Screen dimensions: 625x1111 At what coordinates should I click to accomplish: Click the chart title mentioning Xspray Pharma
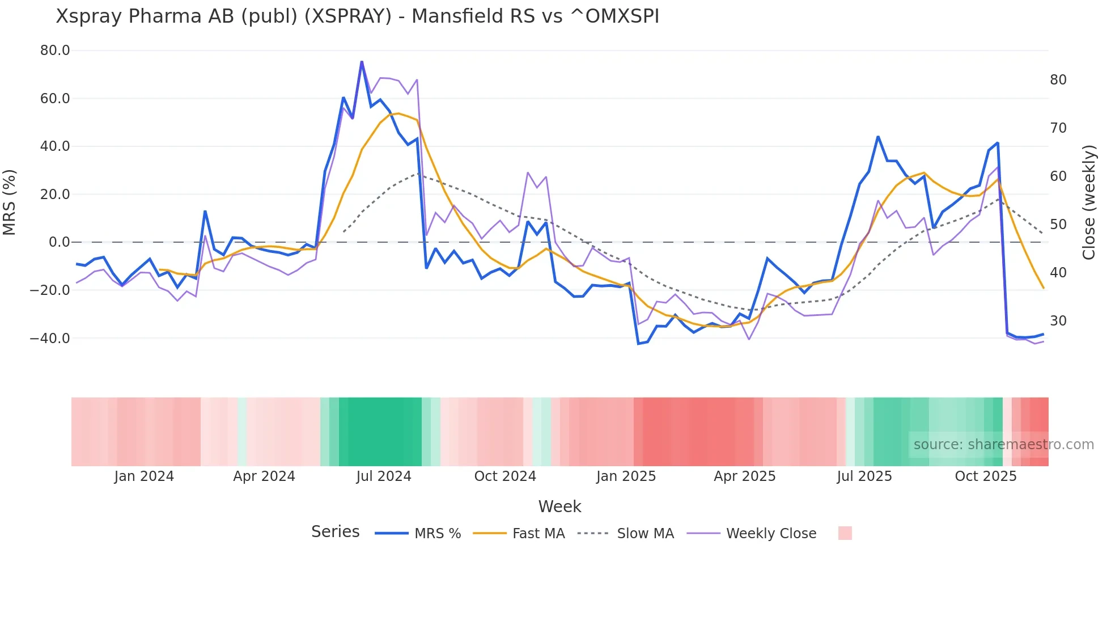[x=357, y=16]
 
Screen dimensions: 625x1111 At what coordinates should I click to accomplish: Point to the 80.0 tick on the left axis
[x=55, y=50]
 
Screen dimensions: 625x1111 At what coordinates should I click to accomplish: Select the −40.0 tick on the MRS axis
[x=50, y=339]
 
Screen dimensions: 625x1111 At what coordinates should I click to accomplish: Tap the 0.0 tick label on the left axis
[x=59, y=242]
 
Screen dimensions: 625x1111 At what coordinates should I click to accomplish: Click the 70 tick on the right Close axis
[x=1058, y=128]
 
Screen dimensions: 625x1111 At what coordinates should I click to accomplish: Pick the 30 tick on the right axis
[x=1058, y=321]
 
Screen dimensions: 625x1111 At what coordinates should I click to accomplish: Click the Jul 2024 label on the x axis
[x=384, y=476]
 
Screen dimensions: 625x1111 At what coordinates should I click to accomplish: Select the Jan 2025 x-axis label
[x=626, y=476]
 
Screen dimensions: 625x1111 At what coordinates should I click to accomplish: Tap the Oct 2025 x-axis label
[x=986, y=476]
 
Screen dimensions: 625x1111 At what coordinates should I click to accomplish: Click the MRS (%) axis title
[x=10, y=202]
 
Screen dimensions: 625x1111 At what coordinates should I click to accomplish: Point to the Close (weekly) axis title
[x=1089, y=202]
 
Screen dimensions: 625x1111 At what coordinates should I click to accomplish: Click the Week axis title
[x=559, y=506]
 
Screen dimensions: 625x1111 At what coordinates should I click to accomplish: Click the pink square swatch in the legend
[x=845, y=533]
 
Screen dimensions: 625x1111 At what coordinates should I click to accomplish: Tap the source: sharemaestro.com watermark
[x=1003, y=445]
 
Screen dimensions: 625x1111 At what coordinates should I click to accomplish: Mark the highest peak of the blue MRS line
[x=362, y=62]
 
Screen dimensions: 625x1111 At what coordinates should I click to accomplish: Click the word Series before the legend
[x=335, y=532]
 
